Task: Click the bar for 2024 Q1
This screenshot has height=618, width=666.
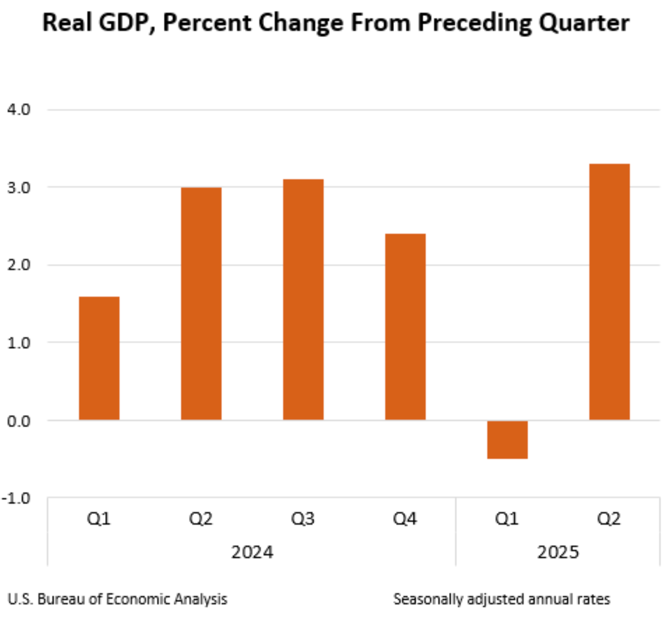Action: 99,358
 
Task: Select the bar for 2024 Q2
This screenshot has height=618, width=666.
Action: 201,304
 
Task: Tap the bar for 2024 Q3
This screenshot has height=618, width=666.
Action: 303,300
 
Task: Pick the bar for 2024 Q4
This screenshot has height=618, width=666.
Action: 405,327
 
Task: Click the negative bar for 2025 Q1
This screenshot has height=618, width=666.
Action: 507,440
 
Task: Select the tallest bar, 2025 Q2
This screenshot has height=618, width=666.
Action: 609,292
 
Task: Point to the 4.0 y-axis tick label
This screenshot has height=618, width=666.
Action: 19,110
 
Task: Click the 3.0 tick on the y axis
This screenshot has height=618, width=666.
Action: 19,188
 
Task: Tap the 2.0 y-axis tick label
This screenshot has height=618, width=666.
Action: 19,265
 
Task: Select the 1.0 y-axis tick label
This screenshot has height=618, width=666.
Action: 19,343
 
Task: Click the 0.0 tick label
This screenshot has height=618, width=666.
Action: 19,421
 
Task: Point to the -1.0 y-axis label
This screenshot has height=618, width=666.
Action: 16,498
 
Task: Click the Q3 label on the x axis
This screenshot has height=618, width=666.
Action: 303,519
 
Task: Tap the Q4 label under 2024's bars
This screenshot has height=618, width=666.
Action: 405,519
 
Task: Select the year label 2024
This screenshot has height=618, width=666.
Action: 252,552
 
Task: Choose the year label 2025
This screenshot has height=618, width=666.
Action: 558,552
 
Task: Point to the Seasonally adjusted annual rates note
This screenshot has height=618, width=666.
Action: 501,599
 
